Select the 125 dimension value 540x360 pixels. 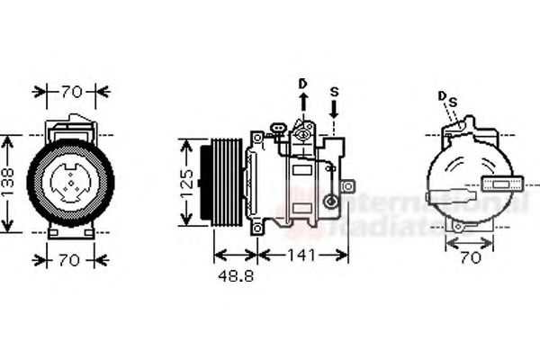tap(186, 183)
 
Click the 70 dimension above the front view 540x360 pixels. tap(71, 91)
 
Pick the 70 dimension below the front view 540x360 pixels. tap(71, 260)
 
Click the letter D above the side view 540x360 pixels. tap(303, 85)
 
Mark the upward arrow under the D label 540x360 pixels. tap(303, 106)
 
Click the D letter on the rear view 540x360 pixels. tap(442, 95)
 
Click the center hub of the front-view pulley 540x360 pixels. tap(70, 183)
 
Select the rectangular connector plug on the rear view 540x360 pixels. tap(502, 186)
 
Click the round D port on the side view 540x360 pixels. tap(304, 134)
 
